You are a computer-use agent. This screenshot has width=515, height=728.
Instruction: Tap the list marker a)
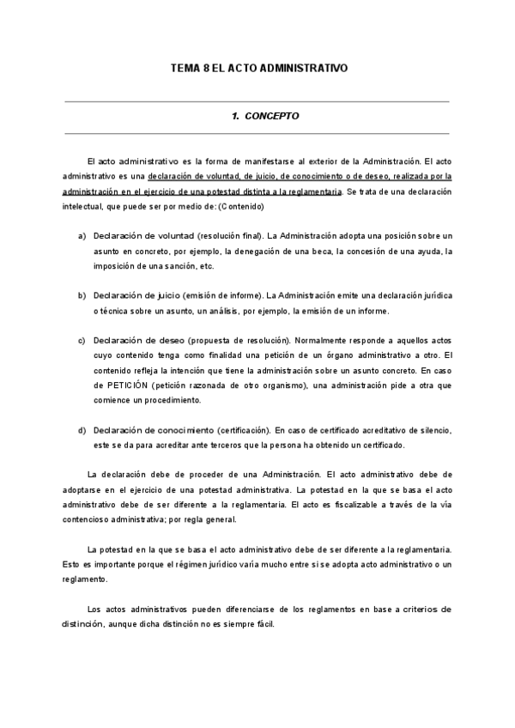(82, 235)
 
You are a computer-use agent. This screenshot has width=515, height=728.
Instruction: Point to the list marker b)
(82, 295)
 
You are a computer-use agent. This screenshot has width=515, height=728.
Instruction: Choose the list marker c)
(82, 339)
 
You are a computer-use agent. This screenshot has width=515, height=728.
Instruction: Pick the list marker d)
(82, 430)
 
